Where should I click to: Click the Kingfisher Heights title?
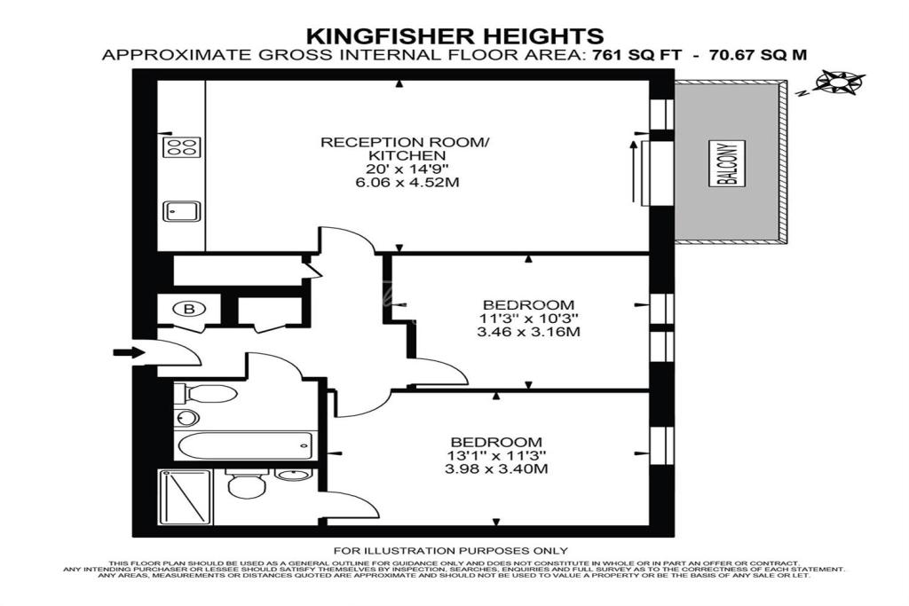coord(455,35)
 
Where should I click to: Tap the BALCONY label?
coord(727,163)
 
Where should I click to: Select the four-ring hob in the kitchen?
coord(181,146)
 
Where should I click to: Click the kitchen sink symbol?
coord(181,211)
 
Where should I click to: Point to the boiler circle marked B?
coord(189,309)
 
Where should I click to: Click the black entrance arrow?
coord(129,352)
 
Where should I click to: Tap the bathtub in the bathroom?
coord(245,445)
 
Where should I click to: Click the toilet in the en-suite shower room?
coord(247,483)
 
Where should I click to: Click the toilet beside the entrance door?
coord(206,394)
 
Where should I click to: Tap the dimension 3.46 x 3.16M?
coord(528,333)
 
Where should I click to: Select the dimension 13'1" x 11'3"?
coord(497,456)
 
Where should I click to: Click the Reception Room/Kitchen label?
coord(406,149)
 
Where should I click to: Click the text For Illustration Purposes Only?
coord(450,551)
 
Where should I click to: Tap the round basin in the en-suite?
coord(293,476)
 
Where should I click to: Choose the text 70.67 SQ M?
coord(755,55)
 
